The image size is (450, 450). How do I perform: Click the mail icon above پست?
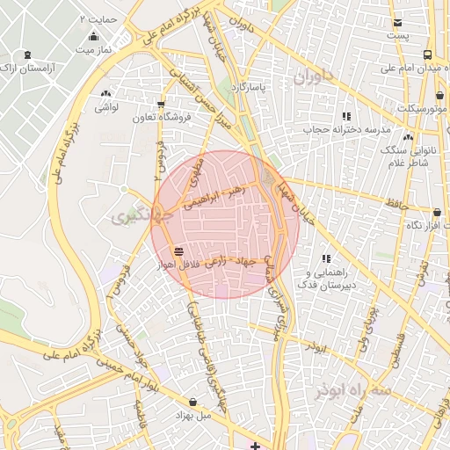click(x=398, y=23)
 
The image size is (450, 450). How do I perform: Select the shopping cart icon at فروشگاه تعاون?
click(x=160, y=104)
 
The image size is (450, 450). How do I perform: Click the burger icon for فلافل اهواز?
click(x=179, y=250)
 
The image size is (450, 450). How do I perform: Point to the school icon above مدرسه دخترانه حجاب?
click(x=346, y=115)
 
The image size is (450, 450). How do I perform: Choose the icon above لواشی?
click(x=106, y=93)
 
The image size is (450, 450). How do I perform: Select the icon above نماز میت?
click(x=93, y=37)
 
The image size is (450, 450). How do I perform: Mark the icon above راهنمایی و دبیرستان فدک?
click(x=326, y=258)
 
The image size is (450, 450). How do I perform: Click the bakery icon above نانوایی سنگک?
click(x=408, y=137)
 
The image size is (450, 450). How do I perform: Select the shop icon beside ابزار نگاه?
click(x=438, y=212)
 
